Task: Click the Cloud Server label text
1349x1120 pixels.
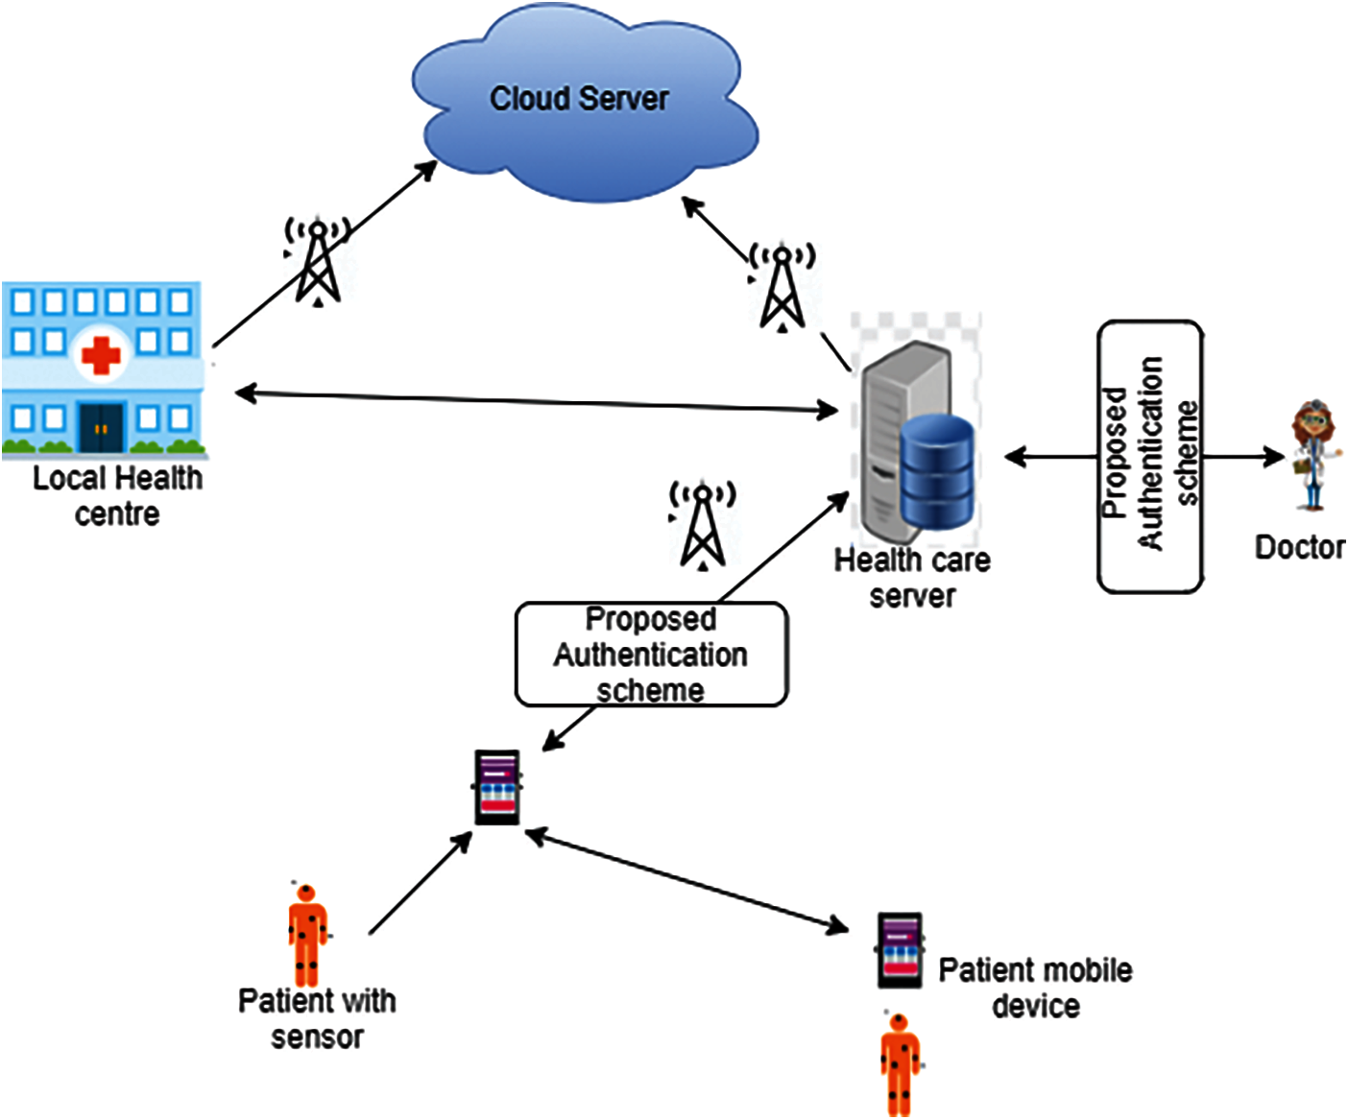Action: (579, 98)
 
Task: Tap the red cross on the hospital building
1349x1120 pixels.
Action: (101, 355)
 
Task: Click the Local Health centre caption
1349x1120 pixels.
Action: (117, 495)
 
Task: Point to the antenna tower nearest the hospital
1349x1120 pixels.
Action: (317, 261)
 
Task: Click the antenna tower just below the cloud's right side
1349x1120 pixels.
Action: (783, 285)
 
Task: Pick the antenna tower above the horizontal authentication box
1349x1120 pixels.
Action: (703, 524)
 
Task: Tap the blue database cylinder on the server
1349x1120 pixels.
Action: (937, 471)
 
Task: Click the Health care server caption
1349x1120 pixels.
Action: (912, 577)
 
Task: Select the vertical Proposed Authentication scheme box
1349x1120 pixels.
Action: (1150, 456)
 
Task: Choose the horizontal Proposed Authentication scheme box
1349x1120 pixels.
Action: (651, 655)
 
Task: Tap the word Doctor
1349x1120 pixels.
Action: (1299, 547)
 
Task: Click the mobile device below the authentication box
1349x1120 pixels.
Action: (497, 787)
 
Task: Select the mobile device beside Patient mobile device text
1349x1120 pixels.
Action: (900, 950)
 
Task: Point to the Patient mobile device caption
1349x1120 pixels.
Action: (1035, 988)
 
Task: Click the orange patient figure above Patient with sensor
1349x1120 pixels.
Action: (307, 936)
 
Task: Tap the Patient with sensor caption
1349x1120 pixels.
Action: (317, 1018)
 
